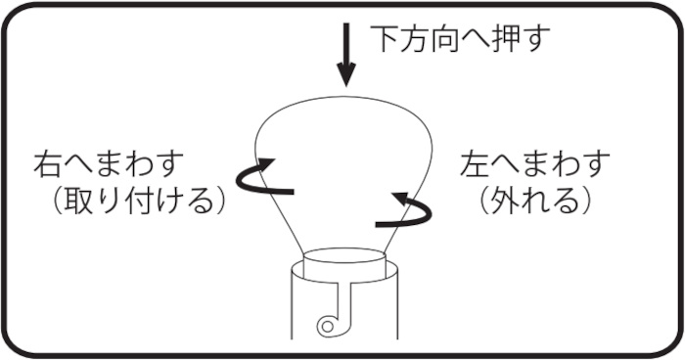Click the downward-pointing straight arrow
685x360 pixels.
[x=346, y=55]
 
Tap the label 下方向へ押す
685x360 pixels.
[x=460, y=38]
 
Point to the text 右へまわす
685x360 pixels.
[x=109, y=163]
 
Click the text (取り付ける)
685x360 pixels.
[x=139, y=202]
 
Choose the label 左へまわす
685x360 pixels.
[x=534, y=163]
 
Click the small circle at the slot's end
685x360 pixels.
[x=327, y=326]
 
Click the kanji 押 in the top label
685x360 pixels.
[x=507, y=38]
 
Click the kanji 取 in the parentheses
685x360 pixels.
[x=78, y=202]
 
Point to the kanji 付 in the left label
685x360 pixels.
[x=139, y=202]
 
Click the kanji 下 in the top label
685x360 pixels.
[x=386, y=38]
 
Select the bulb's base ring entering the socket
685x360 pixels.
[x=344, y=262]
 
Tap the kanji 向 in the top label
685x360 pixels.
[x=446, y=38]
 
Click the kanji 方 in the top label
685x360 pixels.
[x=416, y=38]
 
